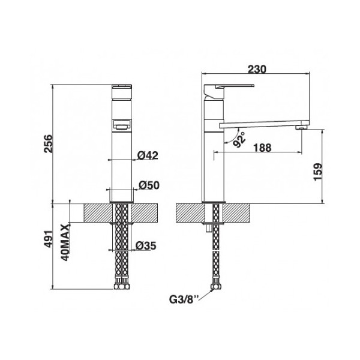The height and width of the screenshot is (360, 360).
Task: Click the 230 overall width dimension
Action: pyautogui.click(x=257, y=69)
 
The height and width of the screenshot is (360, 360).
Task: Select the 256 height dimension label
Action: pyautogui.click(x=49, y=144)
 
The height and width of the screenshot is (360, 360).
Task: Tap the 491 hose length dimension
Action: pyautogui.click(x=49, y=239)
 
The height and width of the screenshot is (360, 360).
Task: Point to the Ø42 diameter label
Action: pyautogui.click(x=148, y=155)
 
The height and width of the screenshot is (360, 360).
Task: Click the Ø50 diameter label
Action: pyautogui.click(x=149, y=185)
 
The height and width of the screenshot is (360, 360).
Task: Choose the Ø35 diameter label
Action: pyautogui.click(x=146, y=245)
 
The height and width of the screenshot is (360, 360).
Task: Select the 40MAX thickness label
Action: pyautogui.click(x=65, y=242)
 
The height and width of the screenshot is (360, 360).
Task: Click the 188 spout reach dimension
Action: pyautogui.click(x=262, y=148)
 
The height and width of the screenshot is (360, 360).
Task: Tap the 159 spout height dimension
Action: pyautogui.click(x=318, y=172)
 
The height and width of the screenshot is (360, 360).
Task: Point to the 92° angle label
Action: pyautogui.click(x=239, y=139)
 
